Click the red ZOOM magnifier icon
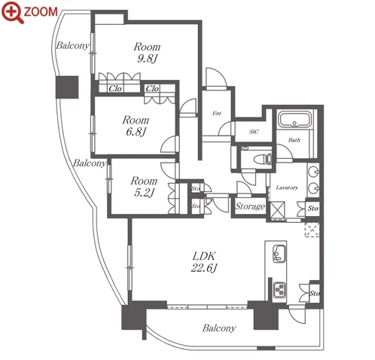pos(13,12)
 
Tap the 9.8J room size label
pos(147,59)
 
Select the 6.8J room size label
pos(136,132)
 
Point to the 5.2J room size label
pos(144,193)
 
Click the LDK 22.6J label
pos(204,262)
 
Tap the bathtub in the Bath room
pos(295,120)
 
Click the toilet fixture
pos(263,159)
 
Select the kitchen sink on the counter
pos(279,254)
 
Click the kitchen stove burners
pos(279,289)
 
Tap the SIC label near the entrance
pos(254,132)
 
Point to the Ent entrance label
pos(217,113)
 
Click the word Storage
pos(250,206)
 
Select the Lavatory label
pos(287,188)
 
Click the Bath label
pos(294,140)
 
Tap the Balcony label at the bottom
pos(219,328)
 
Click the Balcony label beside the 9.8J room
pos(72,45)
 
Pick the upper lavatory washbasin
pos(313,172)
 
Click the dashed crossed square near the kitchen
pos(312,230)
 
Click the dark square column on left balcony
pos(67,87)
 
